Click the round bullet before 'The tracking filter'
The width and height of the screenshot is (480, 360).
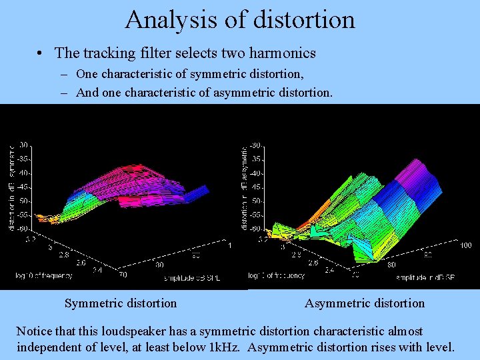41,53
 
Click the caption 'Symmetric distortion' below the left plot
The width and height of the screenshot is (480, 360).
121,303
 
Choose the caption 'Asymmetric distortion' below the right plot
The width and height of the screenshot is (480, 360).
365,303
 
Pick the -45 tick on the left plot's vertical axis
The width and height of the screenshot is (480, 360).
23,187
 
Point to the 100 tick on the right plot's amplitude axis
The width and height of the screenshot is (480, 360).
466,245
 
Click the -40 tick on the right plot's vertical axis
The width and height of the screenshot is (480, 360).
255,173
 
